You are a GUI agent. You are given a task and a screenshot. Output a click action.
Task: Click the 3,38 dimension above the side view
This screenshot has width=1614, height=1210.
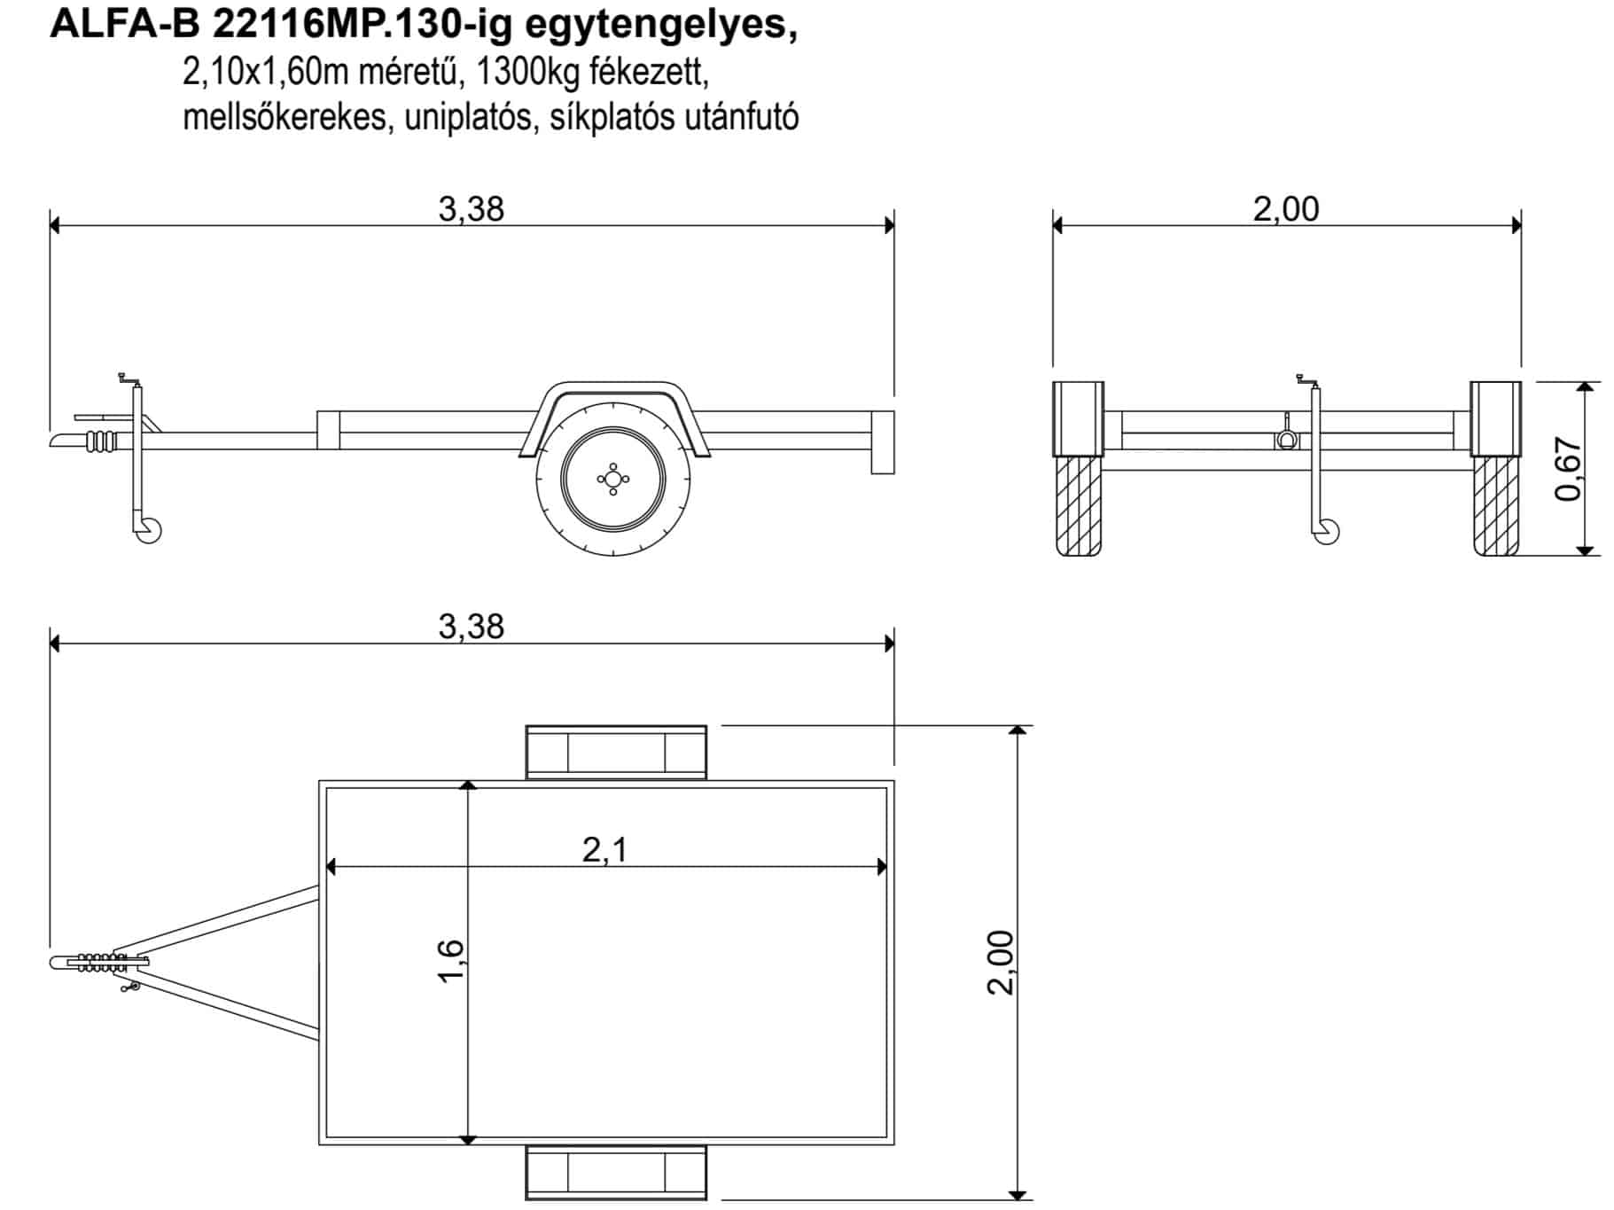pyautogui.click(x=471, y=209)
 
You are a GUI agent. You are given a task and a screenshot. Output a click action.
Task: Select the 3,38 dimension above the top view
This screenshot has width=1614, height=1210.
pyautogui.click(x=471, y=627)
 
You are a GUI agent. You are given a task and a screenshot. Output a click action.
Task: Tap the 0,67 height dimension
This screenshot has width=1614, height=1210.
pyautogui.click(x=1568, y=469)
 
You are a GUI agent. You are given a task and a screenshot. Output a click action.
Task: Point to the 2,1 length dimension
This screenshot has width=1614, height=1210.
pyautogui.click(x=605, y=849)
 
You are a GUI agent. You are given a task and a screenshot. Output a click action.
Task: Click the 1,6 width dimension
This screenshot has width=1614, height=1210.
pyautogui.click(x=450, y=960)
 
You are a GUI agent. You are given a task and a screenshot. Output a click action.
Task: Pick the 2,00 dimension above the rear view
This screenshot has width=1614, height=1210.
pyautogui.click(x=1286, y=209)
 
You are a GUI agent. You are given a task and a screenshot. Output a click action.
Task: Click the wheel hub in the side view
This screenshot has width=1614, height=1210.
pyautogui.click(x=612, y=480)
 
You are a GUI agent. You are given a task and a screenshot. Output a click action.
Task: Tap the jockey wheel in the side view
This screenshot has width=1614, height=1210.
pyautogui.click(x=148, y=530)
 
